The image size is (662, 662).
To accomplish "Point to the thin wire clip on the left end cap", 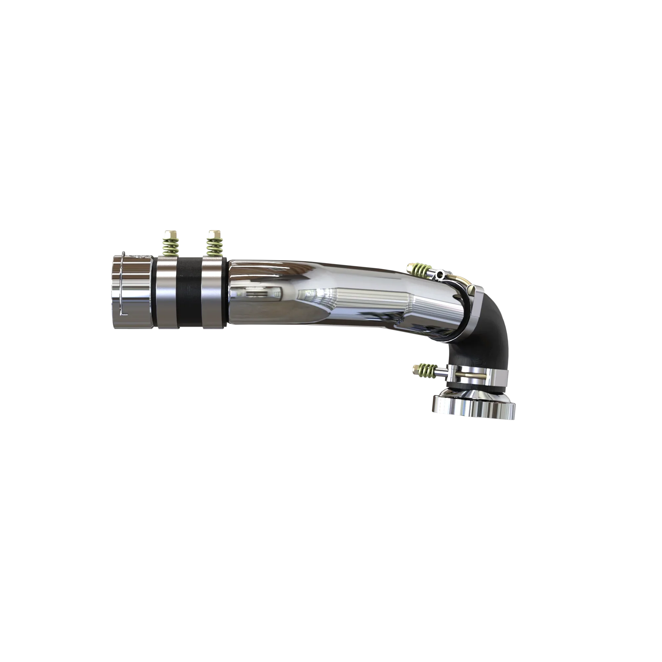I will (123, 284).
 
